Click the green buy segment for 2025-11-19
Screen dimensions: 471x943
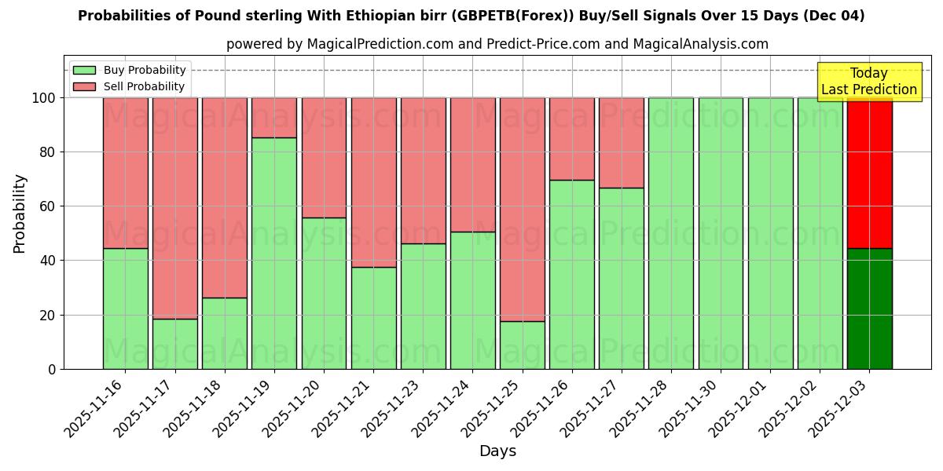274,253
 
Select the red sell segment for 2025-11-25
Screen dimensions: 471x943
523,209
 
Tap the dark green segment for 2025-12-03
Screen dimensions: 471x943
870,309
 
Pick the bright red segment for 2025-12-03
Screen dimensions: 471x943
870,173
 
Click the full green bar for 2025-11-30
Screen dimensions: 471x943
721,233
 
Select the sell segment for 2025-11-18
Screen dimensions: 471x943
225,197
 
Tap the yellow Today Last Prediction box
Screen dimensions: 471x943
869,82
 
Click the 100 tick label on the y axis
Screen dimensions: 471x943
45,98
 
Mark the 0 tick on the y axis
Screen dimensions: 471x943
52,369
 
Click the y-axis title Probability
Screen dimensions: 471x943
20,214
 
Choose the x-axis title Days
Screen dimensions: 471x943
497,451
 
